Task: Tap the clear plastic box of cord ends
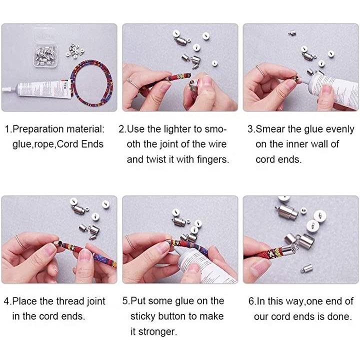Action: [x=45, y=56]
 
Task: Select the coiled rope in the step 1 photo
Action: [x=91, y=83]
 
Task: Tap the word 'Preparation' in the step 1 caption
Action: [x=38, y=129]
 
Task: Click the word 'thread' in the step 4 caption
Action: [x=70, y=301]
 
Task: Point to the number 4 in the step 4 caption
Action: [x=6, y=301]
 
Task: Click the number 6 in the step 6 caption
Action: [x=251, y=301]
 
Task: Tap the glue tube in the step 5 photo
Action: [x=202, y=266]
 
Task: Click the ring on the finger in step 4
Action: [x=20, y=242]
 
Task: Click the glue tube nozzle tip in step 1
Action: [x=3, y=90]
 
